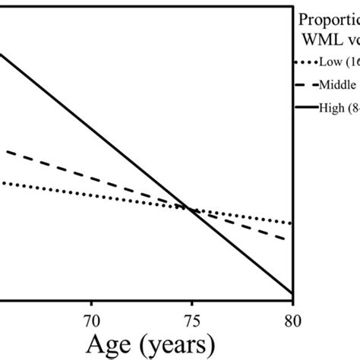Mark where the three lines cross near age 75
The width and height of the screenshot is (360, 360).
(190, 208)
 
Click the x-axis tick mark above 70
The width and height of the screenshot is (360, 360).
(90, 298)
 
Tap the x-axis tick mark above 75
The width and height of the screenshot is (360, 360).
(191, 298)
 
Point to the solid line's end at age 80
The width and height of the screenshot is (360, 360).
(292, 292)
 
